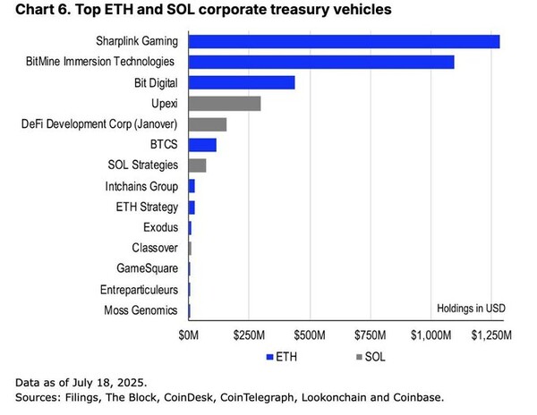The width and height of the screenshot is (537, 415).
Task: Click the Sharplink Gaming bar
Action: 344,41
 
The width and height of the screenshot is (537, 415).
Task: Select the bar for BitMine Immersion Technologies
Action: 321,62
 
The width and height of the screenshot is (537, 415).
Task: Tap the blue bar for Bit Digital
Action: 242,82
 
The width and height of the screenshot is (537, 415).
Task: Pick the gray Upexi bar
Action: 225,103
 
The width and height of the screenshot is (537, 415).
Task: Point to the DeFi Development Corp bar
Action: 208,123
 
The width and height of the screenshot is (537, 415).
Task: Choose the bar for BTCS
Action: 202,144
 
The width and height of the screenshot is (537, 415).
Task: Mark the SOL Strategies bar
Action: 198,165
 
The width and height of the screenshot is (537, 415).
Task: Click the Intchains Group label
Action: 142,186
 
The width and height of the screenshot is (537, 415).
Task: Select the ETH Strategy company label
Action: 148,207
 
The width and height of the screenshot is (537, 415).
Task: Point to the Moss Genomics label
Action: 142,309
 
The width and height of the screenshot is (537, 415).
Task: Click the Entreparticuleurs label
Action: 136,289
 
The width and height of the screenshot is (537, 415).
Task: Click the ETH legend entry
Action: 280,357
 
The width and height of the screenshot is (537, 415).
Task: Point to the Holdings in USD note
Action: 471,308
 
